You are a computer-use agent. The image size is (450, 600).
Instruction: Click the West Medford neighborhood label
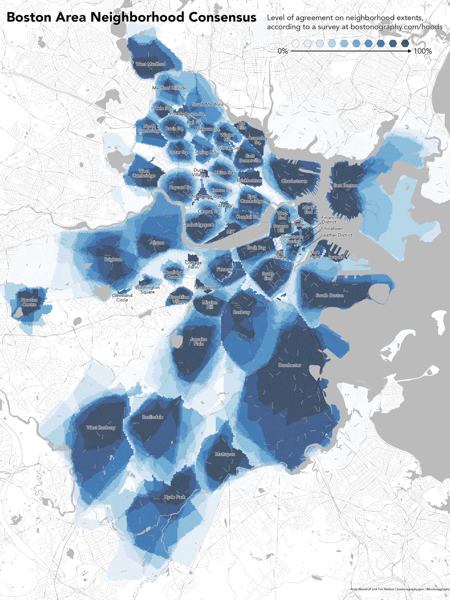coord(151,64)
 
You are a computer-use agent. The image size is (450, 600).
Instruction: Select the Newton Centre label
coord(29,302)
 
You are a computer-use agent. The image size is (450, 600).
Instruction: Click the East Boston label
coord(345,186)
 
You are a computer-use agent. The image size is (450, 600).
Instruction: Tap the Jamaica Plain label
coord(199,341)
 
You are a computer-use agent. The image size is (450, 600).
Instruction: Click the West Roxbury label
coord(101,428)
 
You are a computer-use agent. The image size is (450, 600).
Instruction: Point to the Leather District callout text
coord(337,235)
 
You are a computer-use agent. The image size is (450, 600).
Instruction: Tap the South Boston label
coord(329,295)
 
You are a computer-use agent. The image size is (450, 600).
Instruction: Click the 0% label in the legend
coord(283,51)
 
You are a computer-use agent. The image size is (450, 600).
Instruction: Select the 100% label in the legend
coord(423,51)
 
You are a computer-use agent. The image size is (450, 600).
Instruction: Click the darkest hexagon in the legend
coord(405,43)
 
